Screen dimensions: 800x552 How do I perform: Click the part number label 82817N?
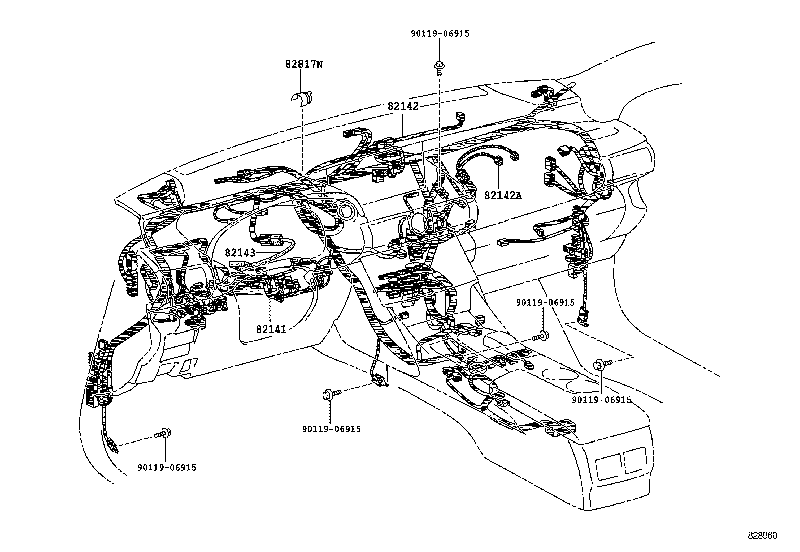(304, 64)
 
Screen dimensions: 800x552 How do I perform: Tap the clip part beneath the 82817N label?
(301, 99)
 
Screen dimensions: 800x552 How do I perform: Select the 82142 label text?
(403, 106)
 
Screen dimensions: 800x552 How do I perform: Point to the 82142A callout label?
(503, 196)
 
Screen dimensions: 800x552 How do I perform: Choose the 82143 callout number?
(240, 253)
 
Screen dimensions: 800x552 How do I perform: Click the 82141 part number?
(271, 329)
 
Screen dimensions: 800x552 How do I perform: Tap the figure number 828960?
(763, 535)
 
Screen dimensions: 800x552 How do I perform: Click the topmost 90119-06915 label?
(440, 34)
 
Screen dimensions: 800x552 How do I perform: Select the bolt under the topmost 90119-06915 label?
(440, 68)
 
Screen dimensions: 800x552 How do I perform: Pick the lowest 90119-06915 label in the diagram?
(167, 468)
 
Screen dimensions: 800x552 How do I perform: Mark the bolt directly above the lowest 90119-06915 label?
(163, 433)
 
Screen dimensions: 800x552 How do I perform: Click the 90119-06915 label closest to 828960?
(602, 400)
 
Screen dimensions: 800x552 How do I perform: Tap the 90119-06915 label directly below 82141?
(332, 429)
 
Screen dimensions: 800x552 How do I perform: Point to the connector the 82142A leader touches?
(498, 161)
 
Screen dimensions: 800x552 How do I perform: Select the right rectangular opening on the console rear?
(635, 460)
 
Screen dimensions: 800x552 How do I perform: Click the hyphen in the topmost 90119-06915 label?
(440, 34)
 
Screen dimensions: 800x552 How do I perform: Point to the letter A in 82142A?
(519, 196)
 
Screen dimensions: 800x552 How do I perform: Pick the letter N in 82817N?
(319, 64)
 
